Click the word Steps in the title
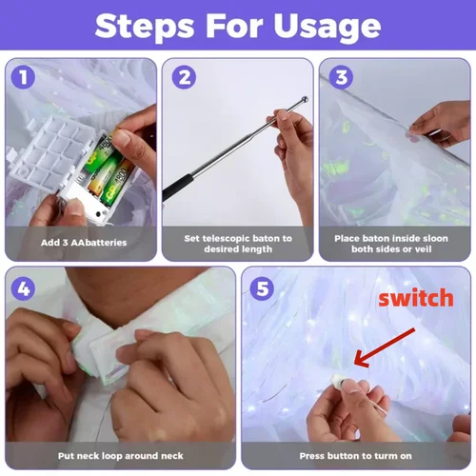pos(145,26)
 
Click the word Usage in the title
pos(327,26)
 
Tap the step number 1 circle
pos(23,77)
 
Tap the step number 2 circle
pos(184,77)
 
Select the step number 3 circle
pos(341,77)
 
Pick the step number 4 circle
pos(23,288)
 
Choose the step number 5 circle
pos(262,288)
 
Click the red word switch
pos(416,298)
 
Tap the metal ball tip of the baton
pos(305,99)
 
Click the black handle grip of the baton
pos(178,188)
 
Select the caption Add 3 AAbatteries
pos(84,243)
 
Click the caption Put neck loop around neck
pos(121,456)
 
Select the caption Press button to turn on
pos(355,456)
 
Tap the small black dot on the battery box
pos(98,213)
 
